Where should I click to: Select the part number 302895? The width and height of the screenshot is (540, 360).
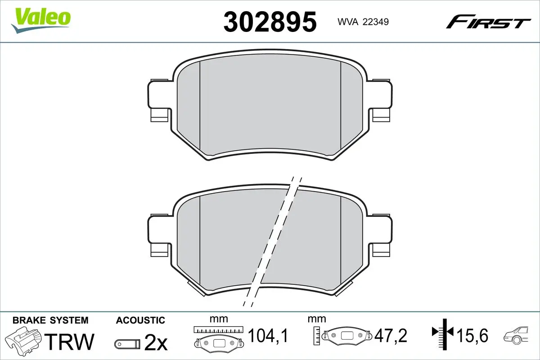(x=270, y=21)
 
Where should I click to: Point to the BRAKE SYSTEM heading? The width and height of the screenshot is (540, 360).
(x=50, y=320)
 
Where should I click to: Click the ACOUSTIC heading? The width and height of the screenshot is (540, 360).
(x=140, y=320)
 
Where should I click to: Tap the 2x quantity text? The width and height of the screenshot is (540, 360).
(x=155, y=343)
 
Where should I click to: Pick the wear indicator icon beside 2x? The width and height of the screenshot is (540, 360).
(x=128, y=344)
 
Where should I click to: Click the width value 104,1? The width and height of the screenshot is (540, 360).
(x=268, y=335)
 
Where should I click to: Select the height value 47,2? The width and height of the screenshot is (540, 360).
(x=391, y=335)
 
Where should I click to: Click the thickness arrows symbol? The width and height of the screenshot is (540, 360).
(x=443, y=333)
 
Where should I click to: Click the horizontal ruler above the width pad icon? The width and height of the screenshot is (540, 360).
(x=218, y=329)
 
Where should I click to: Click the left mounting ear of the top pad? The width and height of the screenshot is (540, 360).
(x=158, y=100)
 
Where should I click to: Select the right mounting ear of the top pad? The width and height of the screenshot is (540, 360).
(x=382, y=100)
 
